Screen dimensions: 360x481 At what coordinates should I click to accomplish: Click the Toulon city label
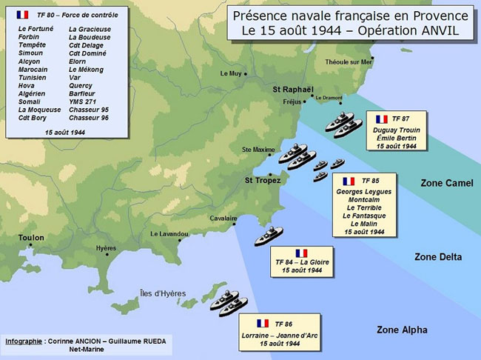[x=31, y=238]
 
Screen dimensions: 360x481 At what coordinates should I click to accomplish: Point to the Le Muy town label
[x=231, y=73]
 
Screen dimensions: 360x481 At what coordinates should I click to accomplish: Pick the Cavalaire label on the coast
[x=223, y=219]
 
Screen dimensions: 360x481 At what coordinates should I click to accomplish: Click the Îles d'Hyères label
[x=163, y=293]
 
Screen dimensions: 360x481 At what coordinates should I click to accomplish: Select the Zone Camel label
[x=446, y=183]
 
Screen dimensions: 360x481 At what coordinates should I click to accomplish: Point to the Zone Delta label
[x=438, y=257]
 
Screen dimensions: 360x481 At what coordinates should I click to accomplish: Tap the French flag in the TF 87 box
[x=381, y=119]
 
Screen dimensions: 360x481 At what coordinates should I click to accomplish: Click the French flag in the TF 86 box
[x=262, y=323]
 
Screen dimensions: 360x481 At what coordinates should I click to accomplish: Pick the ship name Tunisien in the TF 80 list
[x=33, y=77]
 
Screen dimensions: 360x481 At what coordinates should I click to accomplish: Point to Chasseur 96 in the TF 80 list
[x=89, y=118]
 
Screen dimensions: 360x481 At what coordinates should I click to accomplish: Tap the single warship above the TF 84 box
[x=268, y=236]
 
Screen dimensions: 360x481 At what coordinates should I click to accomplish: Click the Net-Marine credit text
[x=89, y=349]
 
